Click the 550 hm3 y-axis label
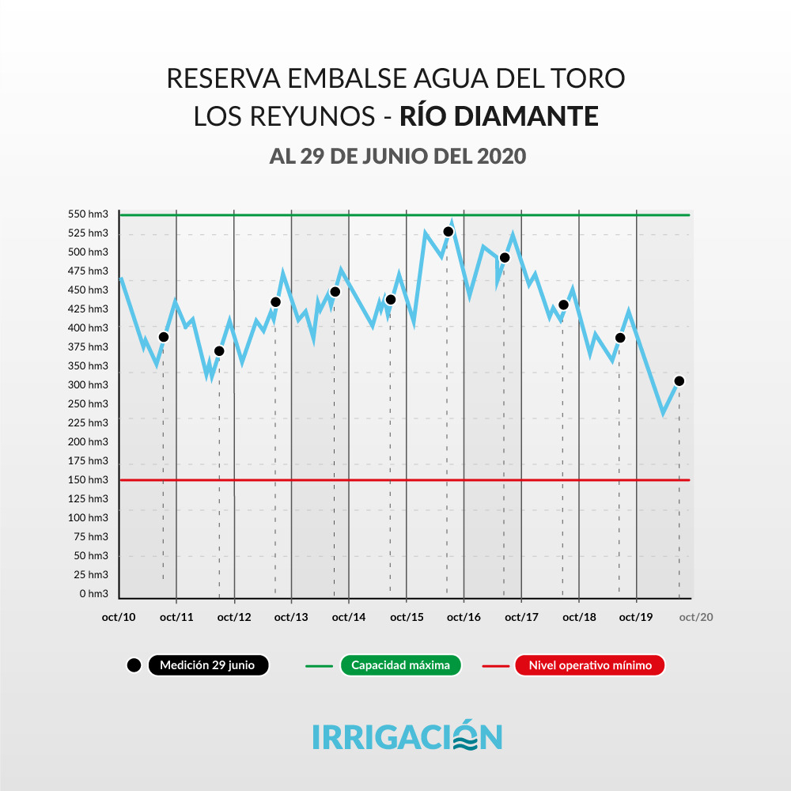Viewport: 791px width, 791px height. [89, 214]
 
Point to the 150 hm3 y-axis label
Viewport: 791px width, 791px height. [89, 480]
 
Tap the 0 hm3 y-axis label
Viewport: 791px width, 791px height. [93, 594]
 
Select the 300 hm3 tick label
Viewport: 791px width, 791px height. [89, 385]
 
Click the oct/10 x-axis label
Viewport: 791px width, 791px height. [119, 618]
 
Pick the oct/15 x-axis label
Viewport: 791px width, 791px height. [407, 618]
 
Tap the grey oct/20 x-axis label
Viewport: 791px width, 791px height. [696, 618]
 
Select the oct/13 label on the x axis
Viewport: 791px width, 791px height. [291, 618]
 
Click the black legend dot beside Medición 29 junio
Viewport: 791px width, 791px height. [134, 666]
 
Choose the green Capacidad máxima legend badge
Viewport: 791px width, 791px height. [400, 666]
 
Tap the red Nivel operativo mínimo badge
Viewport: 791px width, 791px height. [590, 666]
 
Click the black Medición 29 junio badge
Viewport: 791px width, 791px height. [207, 666]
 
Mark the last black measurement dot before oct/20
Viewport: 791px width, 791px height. [679, 381]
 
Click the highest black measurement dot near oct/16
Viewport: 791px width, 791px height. [448, 232]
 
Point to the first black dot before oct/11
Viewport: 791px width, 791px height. [164, 337]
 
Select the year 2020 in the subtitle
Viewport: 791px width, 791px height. [501, 156]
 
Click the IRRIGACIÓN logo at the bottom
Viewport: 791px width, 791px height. [407, 736]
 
